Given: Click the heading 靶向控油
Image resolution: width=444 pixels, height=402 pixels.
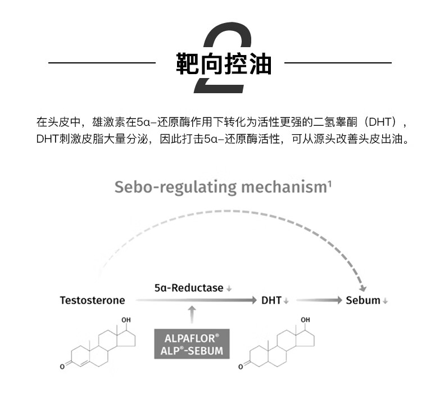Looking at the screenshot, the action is click(x=224, y=63).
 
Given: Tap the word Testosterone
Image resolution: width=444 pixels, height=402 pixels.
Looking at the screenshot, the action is click(x=92, y=300).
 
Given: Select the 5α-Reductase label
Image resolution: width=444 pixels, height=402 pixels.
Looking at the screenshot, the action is click(x=189, y=287).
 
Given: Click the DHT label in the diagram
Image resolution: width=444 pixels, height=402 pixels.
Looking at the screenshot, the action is click(x=271, y=300).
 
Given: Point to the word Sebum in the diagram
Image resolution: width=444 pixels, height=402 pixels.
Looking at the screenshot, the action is click(x=363, y=300).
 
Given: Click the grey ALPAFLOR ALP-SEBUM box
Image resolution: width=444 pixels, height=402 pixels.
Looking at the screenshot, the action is click(x=192, y=344).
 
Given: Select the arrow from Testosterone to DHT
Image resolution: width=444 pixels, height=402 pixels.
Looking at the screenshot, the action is click(x=196, y=300).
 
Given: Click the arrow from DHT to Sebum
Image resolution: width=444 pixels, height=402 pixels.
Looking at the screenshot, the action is click(x=319, y=300).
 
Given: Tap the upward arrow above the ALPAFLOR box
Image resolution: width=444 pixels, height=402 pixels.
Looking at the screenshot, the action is click(x=192, y=314).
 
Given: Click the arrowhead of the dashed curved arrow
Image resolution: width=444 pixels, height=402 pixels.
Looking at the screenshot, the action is click(x=362, y=288).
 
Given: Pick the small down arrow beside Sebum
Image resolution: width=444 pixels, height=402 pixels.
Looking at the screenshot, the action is click(x=385, y=301).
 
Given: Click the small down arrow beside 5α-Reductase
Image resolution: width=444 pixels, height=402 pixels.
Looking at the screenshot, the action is click(x=229, y=289).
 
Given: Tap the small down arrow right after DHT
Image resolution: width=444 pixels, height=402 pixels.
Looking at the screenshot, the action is click(x=286, y=301).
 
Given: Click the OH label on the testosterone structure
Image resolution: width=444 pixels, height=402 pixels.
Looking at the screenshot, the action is click(x=126, y=319).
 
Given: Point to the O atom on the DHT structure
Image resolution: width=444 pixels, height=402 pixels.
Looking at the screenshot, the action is click(x=241, y=367).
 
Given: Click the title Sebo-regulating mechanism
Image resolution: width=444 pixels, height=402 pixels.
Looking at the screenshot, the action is click(x=221, y=188).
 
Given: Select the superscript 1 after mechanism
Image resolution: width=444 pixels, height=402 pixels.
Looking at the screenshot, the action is click(x=329, y=184).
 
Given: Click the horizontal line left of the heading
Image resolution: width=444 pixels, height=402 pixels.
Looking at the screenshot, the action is click(x=102, y=62).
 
